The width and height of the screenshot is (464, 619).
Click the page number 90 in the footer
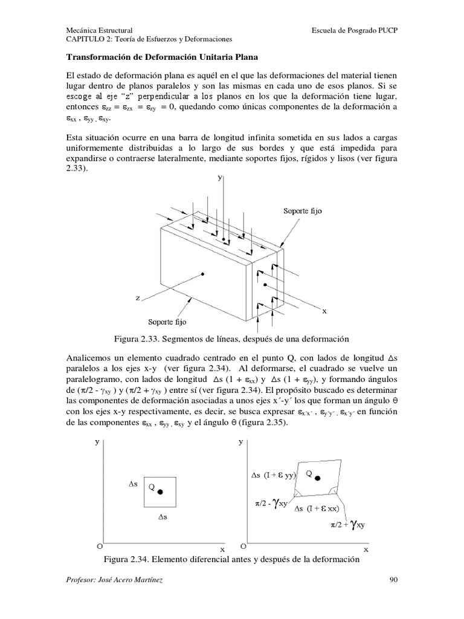point(393,580)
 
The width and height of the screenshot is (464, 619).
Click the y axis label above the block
point(222,178)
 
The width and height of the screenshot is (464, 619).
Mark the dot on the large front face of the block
point(204,274)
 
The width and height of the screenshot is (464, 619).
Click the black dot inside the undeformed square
point(160,492)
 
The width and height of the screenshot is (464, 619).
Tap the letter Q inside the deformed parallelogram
point(308,474)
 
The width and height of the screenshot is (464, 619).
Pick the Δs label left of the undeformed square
point(134,485)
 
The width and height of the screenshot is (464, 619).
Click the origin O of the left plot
point(98,546)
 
